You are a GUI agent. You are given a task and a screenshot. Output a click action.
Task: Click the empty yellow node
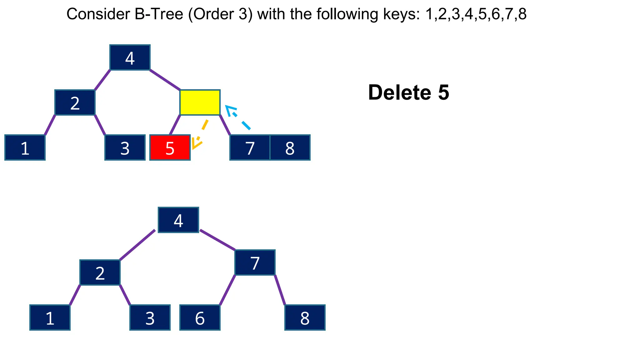click(x=200, y=102)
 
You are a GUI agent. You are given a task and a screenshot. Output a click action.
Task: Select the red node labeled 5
click(x=170, y=147)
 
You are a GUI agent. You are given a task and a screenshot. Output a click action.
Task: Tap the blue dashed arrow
click(x=238, y=118)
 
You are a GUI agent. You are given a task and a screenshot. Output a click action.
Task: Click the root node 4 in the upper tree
click(x=130, y=57)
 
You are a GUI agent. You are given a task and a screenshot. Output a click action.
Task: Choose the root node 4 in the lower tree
click(x=178, y=220)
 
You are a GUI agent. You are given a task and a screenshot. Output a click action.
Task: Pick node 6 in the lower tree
click(x=200, y=317)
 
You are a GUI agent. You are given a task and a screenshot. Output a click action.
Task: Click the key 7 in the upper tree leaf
click(x=250, y=147)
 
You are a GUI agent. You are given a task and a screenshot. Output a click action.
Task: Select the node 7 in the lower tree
click(x=255, y=262)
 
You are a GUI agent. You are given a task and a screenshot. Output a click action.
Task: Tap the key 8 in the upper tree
click(x=290, y=147)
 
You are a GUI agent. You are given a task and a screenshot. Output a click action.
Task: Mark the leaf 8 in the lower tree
click(x=305, y=317)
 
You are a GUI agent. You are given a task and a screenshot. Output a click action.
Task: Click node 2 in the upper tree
click(x=75, y=102)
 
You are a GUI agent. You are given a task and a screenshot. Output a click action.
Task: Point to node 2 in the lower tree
click(x=100, y=272)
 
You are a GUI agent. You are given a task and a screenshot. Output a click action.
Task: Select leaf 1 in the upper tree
click(x=25, y=147)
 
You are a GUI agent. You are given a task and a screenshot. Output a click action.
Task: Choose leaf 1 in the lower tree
click(x=50, y=317)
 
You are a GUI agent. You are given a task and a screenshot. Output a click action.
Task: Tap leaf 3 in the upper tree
click(x=125, y=147)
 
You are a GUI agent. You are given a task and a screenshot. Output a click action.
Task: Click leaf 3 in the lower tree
click(x=150, y=317)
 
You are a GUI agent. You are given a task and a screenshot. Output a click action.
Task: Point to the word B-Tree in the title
click(x=159, y=14)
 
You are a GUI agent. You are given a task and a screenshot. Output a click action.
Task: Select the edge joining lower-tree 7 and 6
click(x=227, y=290)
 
